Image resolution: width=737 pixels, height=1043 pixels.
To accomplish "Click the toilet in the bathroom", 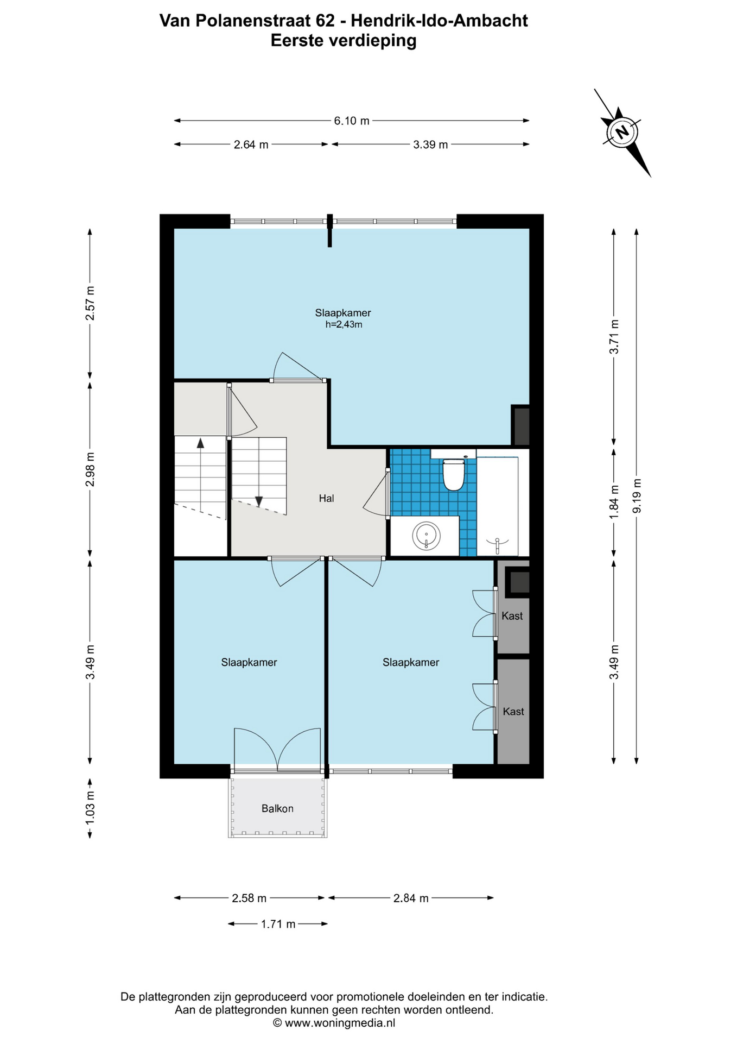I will pyautogui.click(x=454, y=475).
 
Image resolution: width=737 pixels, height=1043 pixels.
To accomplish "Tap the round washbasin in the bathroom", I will pyautogui.click(x=427, y=536).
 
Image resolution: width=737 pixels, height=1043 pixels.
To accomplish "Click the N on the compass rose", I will pyautogui.click(x=622, y=132).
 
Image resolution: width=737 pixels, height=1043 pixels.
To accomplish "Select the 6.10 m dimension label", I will pyautogui.click(x=352, y=121).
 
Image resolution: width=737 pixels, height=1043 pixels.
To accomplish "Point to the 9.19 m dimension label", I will pyautogui.click(x=637, y=495).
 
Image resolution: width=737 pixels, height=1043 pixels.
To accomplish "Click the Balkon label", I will pyautogui.click(x=277, y=808).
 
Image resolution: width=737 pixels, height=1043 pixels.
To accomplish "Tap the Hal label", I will pyautogui.click(x=326, y=498).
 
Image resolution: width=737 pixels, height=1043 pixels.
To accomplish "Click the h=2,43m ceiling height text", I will pyautogui.click(x=344, y=325).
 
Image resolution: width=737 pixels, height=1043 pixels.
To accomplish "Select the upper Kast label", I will pyautogui.click(x=512, y=615).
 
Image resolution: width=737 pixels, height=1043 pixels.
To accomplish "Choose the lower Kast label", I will pyautogui.click(x=513, y=711).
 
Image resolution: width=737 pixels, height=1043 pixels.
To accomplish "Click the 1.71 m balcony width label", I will pyautogui.click(x=278, y=924).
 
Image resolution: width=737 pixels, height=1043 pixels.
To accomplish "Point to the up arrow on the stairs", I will pyautogui.click(x=200, y=443).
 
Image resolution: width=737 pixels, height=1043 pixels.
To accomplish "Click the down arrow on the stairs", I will pyautogui.click(x=259, y=501).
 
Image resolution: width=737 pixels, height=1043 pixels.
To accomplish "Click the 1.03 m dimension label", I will pyautogui.click(x=90, y=807).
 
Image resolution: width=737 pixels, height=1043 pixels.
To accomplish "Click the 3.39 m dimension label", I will pyautogui.click(x=430, y=144).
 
